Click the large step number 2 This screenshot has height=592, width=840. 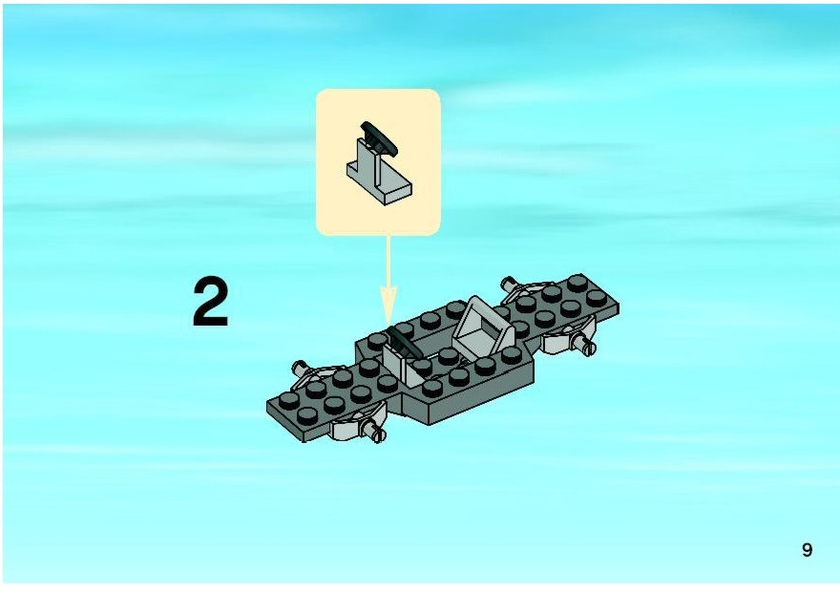tap(211, 301)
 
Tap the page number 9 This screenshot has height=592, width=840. tap(807, 550)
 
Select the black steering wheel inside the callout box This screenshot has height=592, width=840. tap(379, 138)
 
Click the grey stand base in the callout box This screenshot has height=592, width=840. tap(379, 178)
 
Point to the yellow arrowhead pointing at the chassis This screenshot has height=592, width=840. tap(388, 306)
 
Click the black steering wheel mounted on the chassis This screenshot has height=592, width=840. tap(404, 344)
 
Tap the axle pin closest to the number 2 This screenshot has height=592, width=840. tap(300, 368)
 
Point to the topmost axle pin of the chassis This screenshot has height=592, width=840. tap(510, 284)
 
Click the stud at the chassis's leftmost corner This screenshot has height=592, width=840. tap(289, 400)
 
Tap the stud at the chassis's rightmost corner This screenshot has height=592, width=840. tap(597, 298)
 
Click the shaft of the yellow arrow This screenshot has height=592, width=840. tap(388, 262)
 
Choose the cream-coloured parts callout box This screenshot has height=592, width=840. tap(378, 162)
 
